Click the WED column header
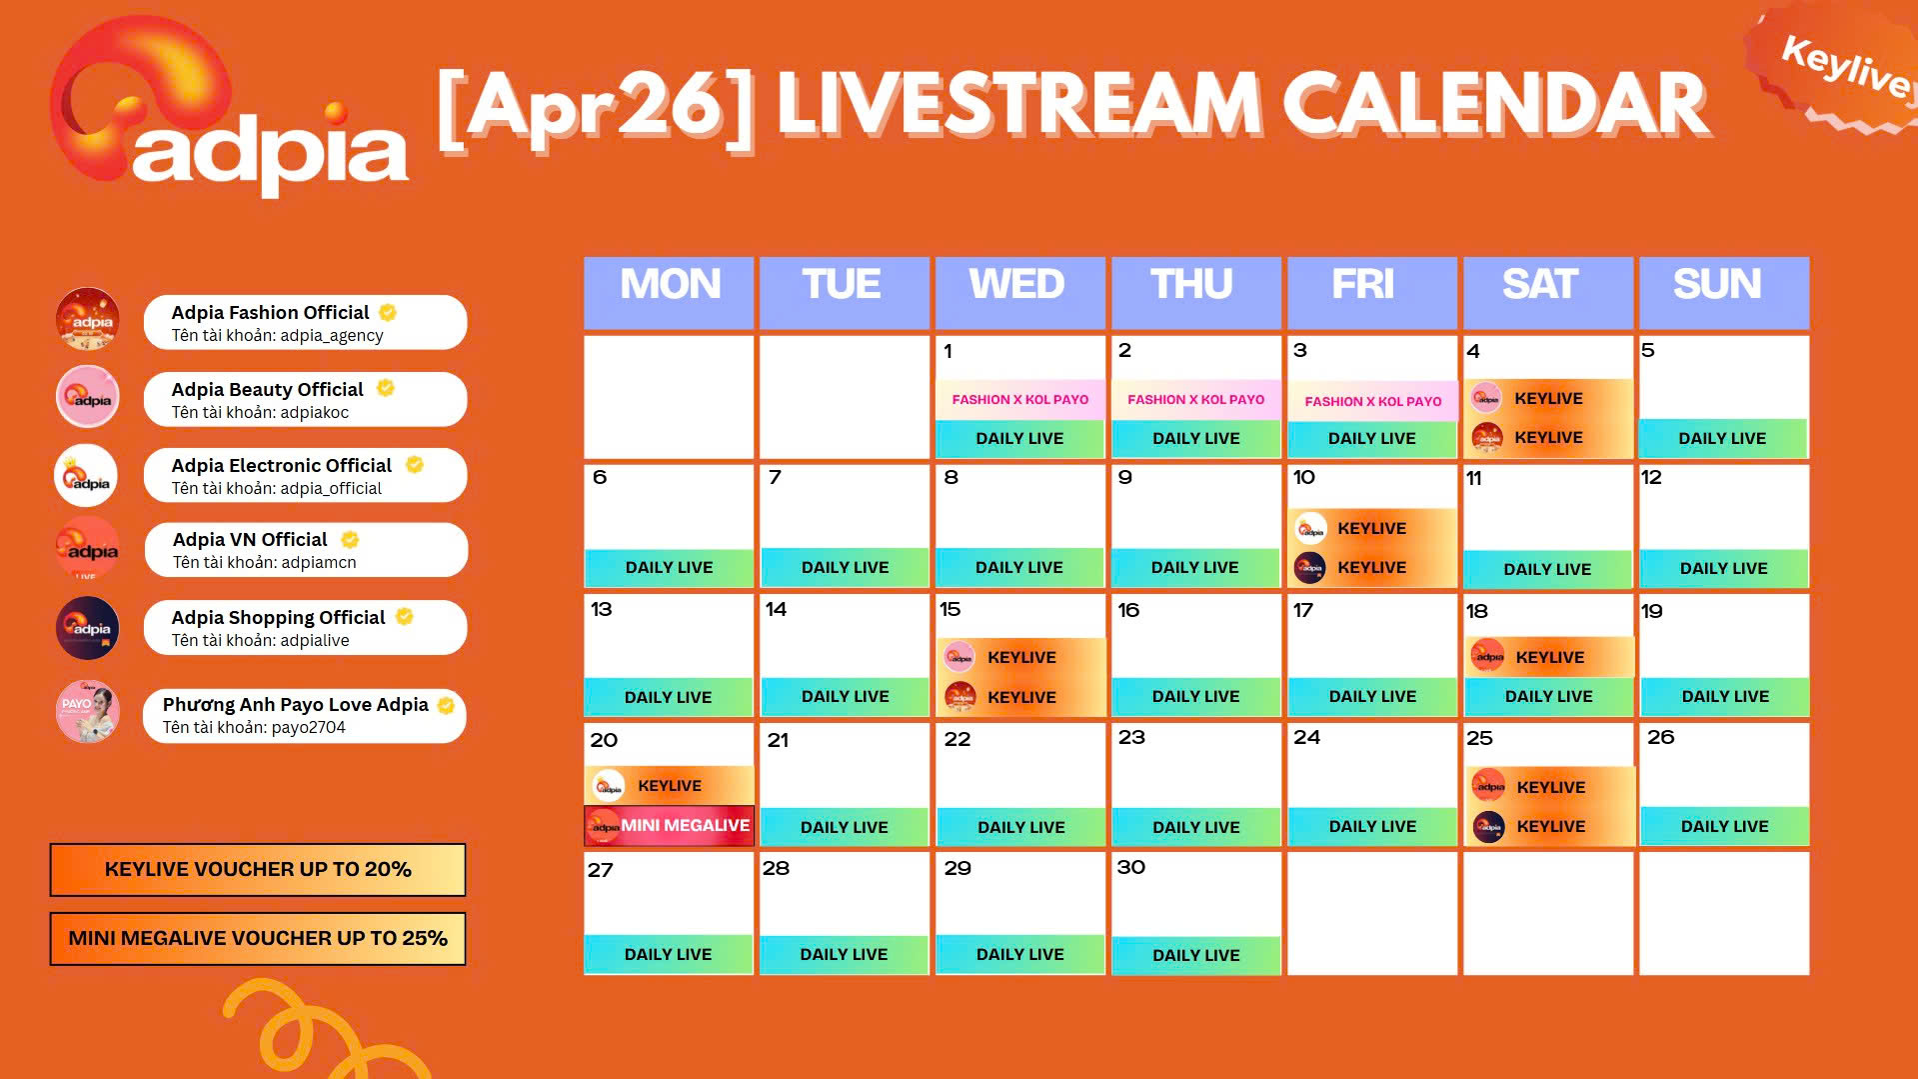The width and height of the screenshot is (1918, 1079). (1017, 285)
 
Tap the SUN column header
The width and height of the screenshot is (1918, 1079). (1717, 285)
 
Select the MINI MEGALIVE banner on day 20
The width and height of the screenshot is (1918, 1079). (670, 826)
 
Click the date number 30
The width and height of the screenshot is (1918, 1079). (1130, 868)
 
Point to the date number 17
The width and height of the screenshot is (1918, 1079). (1302, 610)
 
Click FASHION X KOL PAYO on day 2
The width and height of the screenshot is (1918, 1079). (1195, 400)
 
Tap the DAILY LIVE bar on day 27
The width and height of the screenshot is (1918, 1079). (668, 955)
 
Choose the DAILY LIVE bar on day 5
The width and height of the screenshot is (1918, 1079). (1722, 439)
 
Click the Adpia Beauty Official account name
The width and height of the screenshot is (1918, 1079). (267, 390)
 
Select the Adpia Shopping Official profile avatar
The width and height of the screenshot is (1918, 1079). (88, 628)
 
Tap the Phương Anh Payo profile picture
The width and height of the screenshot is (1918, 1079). (88, 712)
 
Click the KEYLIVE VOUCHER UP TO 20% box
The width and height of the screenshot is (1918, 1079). (258, 870)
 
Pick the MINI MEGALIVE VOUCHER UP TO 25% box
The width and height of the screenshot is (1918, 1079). (258, 939)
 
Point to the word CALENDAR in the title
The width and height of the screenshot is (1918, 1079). (1494, 105)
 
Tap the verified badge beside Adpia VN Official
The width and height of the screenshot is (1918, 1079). (350, 540)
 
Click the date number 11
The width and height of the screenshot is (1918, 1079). (1473, 479)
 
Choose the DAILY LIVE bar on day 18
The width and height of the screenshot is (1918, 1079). (1548, 697)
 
